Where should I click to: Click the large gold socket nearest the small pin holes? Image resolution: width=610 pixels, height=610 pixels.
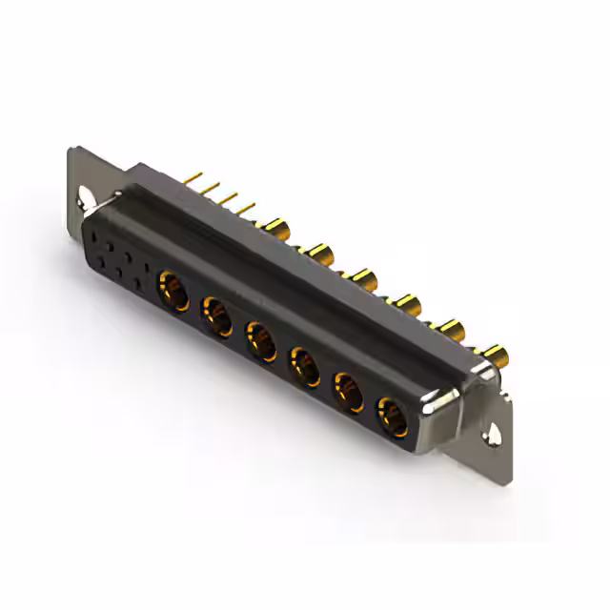[173, 286]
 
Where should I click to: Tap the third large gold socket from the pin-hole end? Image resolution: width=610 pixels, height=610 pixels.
[261, 340]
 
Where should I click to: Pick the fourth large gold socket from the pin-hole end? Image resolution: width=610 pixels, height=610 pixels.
[305, 366]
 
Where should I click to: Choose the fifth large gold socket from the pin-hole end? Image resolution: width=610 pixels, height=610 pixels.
[349, 391]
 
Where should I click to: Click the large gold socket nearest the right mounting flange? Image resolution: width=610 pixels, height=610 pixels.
[392, 416]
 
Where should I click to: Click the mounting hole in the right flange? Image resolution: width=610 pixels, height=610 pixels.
[496, 435]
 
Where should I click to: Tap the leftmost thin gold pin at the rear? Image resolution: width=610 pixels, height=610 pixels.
[193, 177]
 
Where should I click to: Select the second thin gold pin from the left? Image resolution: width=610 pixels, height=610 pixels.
[212, 187]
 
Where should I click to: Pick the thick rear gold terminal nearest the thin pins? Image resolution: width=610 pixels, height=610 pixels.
[278, 228]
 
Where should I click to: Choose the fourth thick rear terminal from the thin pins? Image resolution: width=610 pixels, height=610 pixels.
[409, 304]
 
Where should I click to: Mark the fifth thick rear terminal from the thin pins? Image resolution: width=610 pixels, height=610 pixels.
[452, 331]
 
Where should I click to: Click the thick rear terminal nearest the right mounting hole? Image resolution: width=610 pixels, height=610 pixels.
[495, 358]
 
